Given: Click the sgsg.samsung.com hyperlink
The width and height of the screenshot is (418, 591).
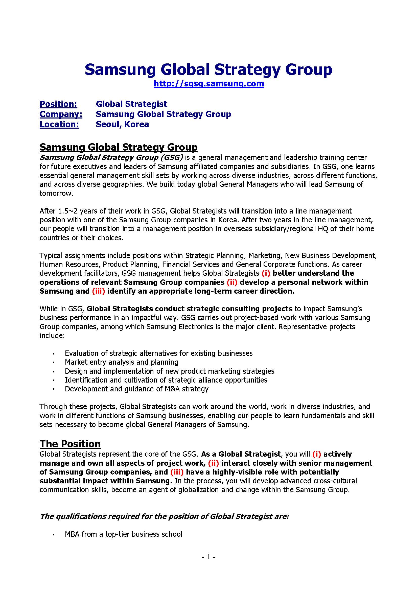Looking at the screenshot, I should point(209,84).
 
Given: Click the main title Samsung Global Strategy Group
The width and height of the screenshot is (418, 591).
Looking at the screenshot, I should point(208,69).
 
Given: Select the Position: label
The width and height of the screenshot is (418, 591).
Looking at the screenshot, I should point(58,104).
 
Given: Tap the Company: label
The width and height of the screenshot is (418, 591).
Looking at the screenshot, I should point(61,114).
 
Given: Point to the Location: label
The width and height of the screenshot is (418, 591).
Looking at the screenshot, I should point(59,124).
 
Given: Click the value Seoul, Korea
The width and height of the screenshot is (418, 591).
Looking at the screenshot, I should point(122,124).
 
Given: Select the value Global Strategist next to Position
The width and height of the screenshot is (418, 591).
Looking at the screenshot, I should point(131,104).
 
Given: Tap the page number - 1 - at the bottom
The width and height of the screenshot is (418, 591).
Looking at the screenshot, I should point(208,557).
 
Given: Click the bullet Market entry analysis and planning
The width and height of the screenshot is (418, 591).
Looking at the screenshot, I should point(122,362).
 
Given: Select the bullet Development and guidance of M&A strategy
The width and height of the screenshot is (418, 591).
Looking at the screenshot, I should point(136,389).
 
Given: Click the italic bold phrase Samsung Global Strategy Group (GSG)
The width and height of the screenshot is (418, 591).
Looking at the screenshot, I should point(111,157).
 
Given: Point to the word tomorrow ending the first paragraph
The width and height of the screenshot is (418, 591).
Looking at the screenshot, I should point(56,193).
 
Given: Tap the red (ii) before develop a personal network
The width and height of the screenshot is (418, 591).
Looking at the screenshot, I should point(232,282).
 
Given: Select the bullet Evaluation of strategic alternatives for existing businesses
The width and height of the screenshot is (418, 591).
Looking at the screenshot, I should point(158,353).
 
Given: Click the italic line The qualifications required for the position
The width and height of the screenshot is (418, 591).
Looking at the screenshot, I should point(165,516).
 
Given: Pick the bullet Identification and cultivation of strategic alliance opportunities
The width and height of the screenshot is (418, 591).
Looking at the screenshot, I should point(166,380).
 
